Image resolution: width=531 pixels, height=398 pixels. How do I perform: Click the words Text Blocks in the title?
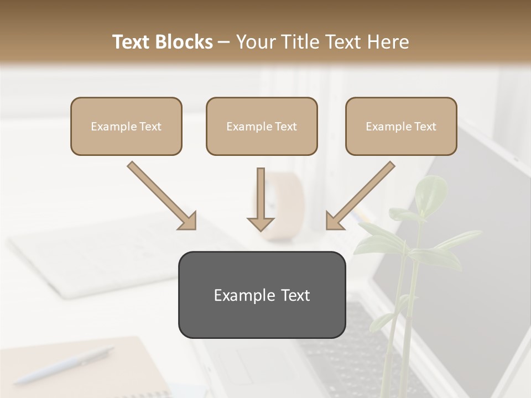[162, 42]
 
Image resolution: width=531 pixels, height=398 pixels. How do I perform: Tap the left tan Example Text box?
[126, 127]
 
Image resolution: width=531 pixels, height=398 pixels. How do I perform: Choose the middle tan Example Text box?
[262, 127]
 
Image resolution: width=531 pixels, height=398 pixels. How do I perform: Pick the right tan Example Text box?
[401, 127]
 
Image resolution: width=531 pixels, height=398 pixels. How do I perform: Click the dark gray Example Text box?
[262, 295]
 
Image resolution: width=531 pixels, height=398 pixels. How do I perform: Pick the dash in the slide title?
[224, 43]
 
